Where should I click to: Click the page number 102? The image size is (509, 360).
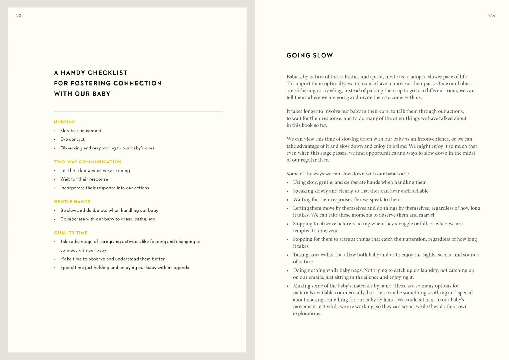pyautogui.click(x=18, y=15)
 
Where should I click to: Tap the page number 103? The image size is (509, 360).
pyautogui.click(x=491, y=15)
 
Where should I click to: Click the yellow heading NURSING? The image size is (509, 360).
pyautogui.click(x=65, y=122)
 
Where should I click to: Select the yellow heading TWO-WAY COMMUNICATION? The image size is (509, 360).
pyautogui.click(x=88, y=162)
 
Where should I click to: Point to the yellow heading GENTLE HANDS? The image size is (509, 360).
pyautogui.click(x=72, y=202)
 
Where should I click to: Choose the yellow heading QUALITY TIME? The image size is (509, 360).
pyautogui.click(x=71, y=233)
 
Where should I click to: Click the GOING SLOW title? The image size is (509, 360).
pyautogui.click(x=310, y=55)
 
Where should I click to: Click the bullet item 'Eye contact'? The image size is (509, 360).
pyautogui.click(x=72, y=139)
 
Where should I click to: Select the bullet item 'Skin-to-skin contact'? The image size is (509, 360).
pyautogui.click(x=81, y=131)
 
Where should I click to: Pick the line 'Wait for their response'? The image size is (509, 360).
pyautogui.click(x=84, y=179)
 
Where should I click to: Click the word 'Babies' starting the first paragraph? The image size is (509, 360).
pyautogui.click(x=294, y=77)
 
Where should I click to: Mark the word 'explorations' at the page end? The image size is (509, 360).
pyautogui.click(x=307, y=314)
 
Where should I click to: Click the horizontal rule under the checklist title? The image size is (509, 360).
pyautogui.click(x=138, y=111)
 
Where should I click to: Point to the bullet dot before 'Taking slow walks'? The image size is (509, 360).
pyautogui.click(x=288, y=255)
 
